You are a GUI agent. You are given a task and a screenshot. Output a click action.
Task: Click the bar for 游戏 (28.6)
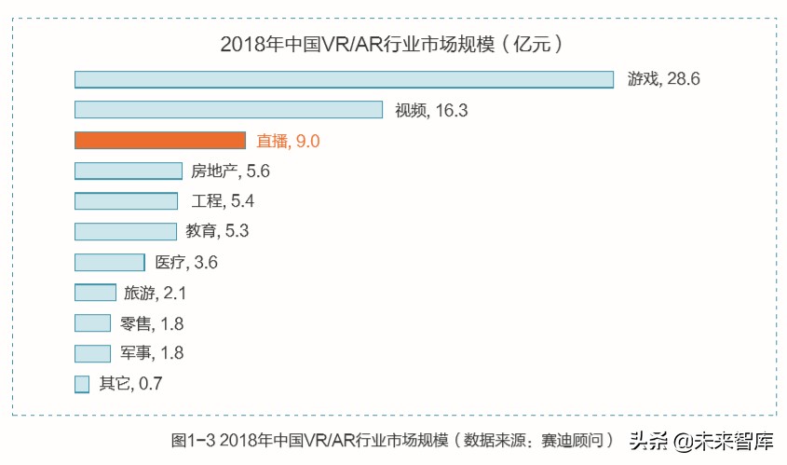pyautogui.click(x=344, y=79)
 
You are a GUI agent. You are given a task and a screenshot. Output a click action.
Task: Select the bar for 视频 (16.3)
pyautogui.click(x=228, y=110)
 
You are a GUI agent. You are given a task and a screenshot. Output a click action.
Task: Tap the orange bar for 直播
pyautogui.click(x=159, y=141)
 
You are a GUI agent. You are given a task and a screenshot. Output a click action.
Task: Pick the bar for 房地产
pyautogui.click(x=129, y=171)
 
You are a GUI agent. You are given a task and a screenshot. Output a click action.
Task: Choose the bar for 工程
pyautogui.click(x=126, y=201)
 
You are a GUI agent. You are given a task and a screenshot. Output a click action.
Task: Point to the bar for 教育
pyautogui.click(x=125, y=231)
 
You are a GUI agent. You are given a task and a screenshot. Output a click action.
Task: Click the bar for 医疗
pyautogui.click(x=109, y=262)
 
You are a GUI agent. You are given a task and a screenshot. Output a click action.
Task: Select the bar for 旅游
pyautogui.click(x=95, y=293)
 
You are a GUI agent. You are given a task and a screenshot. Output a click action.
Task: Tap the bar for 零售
pyautogui.click(x=92, y=323)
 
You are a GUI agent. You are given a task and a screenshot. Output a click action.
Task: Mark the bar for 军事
pyautogui.click(x=92, y=353)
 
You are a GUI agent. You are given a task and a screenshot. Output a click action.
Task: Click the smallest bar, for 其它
pyautogui.click(x=82, y=383)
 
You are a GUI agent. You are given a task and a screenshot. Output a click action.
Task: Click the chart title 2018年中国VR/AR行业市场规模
pyautogui.click(x=391, y=44)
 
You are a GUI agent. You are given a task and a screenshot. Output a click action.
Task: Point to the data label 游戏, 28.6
pyautogui.click(x=663, y=80)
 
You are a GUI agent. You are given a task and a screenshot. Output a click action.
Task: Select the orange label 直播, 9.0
pyautogui.click(x=288, y=142)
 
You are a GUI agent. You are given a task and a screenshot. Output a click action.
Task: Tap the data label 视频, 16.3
pyautogui.click(x=430, y=111)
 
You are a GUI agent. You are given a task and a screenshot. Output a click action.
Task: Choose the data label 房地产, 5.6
pyautogui.click(x=230, y=171)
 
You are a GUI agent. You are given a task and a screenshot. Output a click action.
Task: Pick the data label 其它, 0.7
pyautogui.click(x=130, y=384)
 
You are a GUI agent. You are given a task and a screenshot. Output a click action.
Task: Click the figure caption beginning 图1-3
pyautogui.click(x=392, y=440)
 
